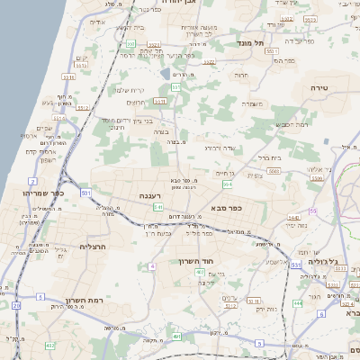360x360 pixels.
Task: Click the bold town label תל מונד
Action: pyautogui.click(x=249, y=42)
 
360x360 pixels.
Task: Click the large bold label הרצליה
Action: pyautogui.click(x=93, y=246)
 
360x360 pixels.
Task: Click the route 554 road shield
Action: pyautogui.click(x=228, y=184)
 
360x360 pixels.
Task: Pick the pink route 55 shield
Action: pyautogui.click(x=312, y=211)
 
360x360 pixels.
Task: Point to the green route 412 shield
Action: pyautogui.click(x=49, y=345)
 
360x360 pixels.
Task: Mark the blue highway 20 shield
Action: pyautogui.click(x=16, y=306)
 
